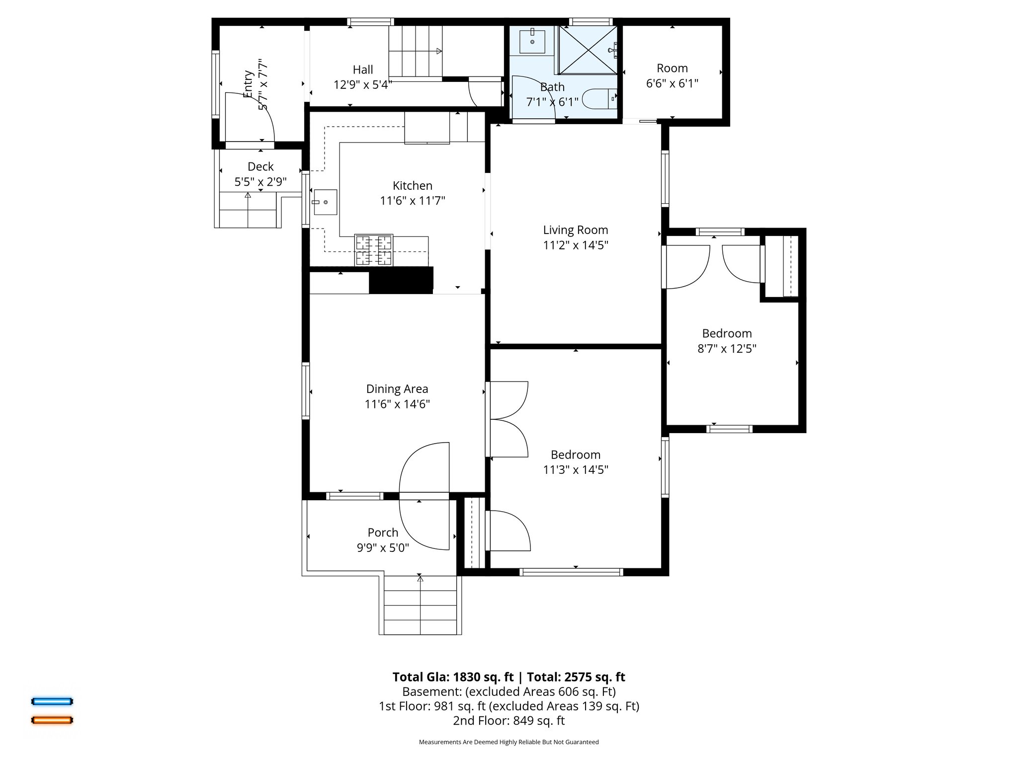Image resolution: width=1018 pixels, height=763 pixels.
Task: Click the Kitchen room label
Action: [x=412, y=186]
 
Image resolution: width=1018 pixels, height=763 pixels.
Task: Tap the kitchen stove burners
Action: [x=374, y=250]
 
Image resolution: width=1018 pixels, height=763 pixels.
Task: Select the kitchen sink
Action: [x=326, y=202]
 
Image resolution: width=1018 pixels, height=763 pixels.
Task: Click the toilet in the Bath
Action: [x=599, y=99]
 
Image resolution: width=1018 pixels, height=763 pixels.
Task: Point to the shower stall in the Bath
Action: [x=588, y=50]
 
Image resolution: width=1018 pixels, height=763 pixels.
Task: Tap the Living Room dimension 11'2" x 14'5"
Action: [x=576, y=245]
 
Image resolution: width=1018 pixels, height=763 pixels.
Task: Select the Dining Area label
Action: [x=397, y=389]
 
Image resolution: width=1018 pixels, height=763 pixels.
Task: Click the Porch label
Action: [x=383, y=533]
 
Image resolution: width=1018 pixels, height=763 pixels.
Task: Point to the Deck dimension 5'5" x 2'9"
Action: [x=260, y=182]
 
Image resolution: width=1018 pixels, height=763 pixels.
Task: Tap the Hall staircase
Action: [x=415, y=52]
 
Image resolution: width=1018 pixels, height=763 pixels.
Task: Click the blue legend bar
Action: [x=52, y=701]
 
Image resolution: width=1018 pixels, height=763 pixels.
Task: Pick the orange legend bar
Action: [x=52, y=720]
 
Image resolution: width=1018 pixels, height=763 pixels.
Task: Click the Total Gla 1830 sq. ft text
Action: [x=453, y=677]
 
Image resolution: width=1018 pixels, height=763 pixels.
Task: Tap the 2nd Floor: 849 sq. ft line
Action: [x=509, y=720]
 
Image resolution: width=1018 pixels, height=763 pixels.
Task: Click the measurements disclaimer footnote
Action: [x=509, y=742]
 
